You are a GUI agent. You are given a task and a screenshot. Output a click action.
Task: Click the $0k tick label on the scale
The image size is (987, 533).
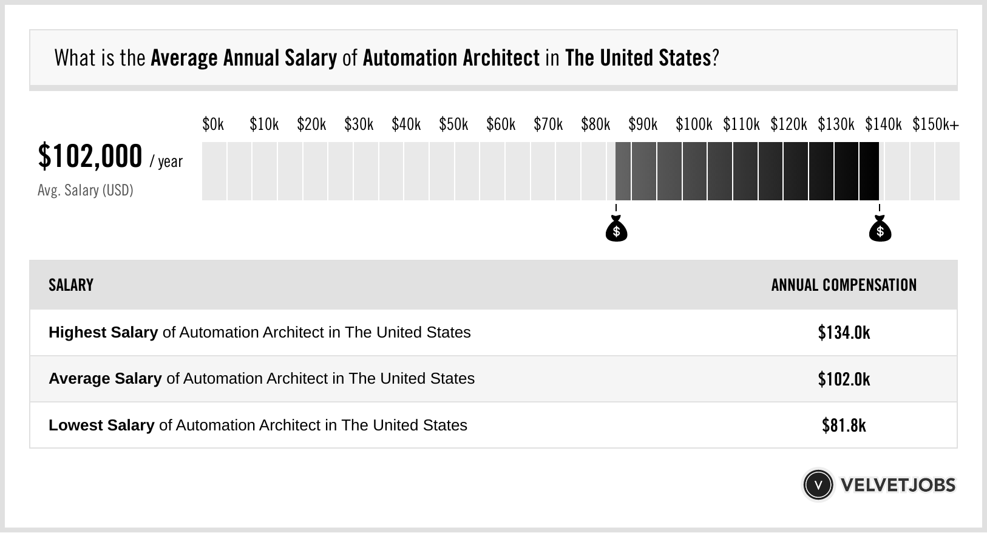[x=213, y=124]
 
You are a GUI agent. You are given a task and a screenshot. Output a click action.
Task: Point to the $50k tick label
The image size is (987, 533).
[x=453, y=124]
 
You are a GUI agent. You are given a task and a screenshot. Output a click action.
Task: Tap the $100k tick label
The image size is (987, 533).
[x=694, y=124]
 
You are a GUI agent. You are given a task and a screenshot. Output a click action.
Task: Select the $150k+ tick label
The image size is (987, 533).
[x=935, y=124]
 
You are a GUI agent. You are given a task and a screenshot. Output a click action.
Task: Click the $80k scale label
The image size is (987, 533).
[x=595, y=124]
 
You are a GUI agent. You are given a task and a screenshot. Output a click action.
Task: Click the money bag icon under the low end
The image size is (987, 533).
[x=616, y=229]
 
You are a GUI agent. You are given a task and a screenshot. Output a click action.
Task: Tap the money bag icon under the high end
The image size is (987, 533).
[x=880, y=229]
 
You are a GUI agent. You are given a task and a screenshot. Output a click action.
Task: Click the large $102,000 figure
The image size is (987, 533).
[x=90, y=156]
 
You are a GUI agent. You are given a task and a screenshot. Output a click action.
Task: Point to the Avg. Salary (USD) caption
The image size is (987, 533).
[x=85, y=191]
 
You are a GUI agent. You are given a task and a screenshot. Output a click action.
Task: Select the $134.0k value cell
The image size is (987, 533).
[x=844, y=333]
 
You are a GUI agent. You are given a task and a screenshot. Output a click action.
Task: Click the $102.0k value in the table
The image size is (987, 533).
[x=844, y=379]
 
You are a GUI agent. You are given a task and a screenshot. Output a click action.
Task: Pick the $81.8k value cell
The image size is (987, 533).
[x=844, y=426]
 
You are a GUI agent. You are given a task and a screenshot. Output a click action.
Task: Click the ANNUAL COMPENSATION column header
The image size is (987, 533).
[x=844, y=285]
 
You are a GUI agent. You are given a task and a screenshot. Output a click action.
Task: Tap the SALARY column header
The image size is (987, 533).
[x=71, y=285]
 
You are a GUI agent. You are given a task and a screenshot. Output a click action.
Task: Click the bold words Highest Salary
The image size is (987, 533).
[x=103, y=333]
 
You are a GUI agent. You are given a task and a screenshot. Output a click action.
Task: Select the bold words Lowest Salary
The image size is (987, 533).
[x=101, y=426]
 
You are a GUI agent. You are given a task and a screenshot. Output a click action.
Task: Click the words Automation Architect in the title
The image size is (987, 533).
[x=451, y=58]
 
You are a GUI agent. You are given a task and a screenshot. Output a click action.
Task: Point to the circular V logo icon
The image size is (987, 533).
[x=818, y=485]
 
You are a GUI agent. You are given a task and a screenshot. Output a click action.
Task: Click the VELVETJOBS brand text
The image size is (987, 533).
[x=898, y=485]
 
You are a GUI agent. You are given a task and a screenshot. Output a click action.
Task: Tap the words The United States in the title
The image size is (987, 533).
[x=637, y=58]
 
